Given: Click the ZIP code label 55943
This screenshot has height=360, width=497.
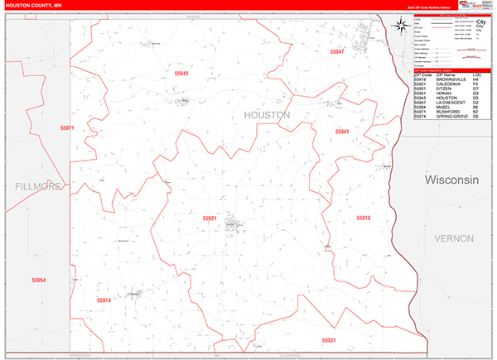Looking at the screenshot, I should click(x=181, y=74).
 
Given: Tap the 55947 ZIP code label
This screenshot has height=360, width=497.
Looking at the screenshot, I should click(x=336, y=52).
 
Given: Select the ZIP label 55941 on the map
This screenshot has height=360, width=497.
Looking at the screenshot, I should click(x=342, y=132).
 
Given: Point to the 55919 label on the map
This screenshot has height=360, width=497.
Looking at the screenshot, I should click(x=364, y=218).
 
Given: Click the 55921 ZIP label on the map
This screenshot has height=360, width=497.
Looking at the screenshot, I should click(x=210, y=218).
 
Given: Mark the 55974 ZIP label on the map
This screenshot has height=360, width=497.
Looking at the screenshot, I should click(x=104, y=300).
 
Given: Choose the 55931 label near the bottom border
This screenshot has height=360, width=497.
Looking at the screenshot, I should click(x=329, y=339).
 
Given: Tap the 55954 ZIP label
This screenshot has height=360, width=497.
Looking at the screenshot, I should click(x=38, y=281).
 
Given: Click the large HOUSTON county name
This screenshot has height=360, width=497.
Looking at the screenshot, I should click(x=267, y=115).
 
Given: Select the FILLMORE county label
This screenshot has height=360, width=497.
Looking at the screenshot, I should click(x=39, y=187).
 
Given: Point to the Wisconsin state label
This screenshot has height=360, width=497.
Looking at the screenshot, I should click(x=452, y=180).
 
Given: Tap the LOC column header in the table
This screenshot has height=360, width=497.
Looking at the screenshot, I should click(x=475, y=75).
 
